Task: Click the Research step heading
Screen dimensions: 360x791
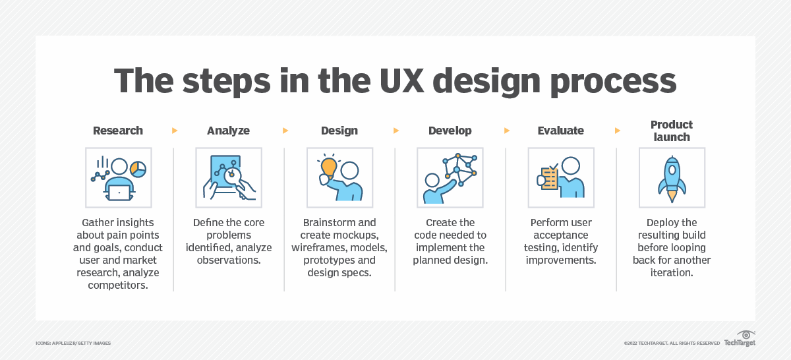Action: pyautogui.click(x=118, y=131)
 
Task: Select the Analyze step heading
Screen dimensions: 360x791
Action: pyautogui.click(x=228, y=131)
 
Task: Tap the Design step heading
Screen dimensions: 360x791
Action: pyautogui.click(x=339, y=131)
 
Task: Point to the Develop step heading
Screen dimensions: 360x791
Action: pyautogui.click(x=450, y=131)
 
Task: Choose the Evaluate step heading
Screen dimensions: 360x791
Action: pyautogui.click(x=561, y=131)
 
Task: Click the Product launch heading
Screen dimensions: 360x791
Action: pyautogui.click(x=672, y=131)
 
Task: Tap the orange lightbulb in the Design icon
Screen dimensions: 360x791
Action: pyautogui.click(x=328, y=168)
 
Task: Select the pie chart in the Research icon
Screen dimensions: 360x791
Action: pyautogui.click(x=138, y=169)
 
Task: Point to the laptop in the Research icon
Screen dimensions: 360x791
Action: pyautogui.click(x=119, y=193)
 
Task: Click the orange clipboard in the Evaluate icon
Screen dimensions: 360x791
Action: pyautogui.click(x=548, y=179)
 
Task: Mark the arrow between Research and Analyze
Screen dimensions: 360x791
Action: pyautogui.click(x=175, y=131)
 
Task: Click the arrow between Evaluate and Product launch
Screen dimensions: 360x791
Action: pyautogui.click(x=617, y=131)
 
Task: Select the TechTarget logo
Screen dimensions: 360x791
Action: pyautogui.click(x=740, y=339)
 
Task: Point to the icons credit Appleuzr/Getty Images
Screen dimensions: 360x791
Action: pyautogui.click(x=73, y=343)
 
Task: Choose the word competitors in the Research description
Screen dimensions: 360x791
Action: pyautogui.click(x=118, y=285)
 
